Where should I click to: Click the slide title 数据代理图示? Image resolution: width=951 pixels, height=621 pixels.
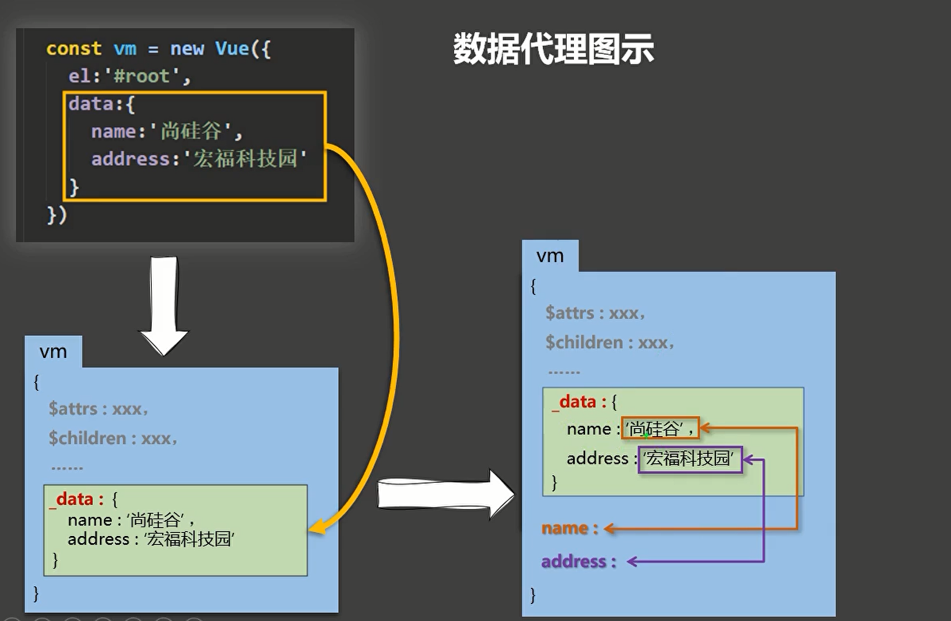pyautogui.click(x=553, y=49)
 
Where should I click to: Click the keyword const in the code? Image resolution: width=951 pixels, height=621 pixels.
pyautogui.click(x=74, y=48)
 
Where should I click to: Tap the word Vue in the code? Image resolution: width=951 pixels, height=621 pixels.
pyautogui.click(x=233, y=48)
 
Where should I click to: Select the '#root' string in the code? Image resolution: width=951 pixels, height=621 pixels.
pyautogui.click(x=143, y=75)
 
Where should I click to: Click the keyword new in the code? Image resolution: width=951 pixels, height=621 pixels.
pyautogui.click(x=187, y=48)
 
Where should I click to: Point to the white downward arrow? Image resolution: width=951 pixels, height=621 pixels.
pyautogui.click(x=164, y=306)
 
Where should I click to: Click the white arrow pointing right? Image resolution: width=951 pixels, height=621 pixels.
pyautogui.click(x=446, y=494)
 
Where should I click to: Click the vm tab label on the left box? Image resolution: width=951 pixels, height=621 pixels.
pyautogui.click(x=53, y=352)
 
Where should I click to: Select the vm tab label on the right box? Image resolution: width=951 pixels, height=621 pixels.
pyautogui.click(x=550, y=256)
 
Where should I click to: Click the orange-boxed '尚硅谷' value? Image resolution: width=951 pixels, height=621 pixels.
pyautogui.click(x=660, y=429)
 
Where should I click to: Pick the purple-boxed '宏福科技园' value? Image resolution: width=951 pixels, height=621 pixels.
pyautogui.click(x=690, y=459)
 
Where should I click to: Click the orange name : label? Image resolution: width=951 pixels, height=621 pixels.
pyautogui.click(x=570, y=528)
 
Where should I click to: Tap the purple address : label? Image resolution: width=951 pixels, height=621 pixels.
pyautogui.click(x=579, y=561)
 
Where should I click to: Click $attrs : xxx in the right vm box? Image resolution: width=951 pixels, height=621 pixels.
pyautogui.click(x=595, y=313)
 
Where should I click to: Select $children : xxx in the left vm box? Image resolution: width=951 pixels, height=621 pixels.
pyautogui.click(x=113, y=438)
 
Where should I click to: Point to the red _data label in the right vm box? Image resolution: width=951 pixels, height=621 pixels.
pyautogui.click(x=575, y=402)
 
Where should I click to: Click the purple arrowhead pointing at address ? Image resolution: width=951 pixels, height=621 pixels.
pyautogui.click(x=632, y=561)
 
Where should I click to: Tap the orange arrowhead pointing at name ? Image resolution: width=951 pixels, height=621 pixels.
pyautogui.click(x=610, y=529)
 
